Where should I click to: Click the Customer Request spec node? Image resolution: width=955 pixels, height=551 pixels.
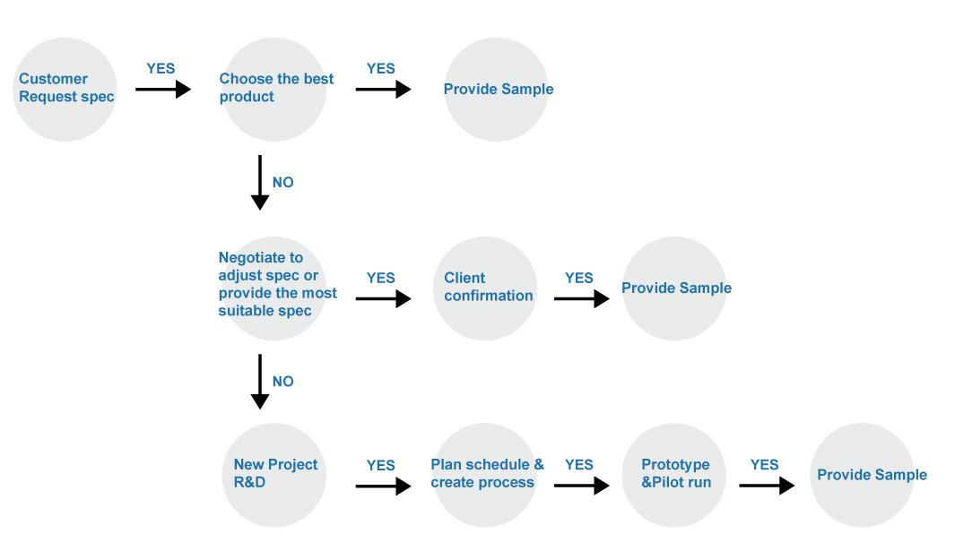pyautogui.click(x=65, y=90)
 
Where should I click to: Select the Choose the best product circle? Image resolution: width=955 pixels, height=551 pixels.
pyautogui.click(x=274, y=90)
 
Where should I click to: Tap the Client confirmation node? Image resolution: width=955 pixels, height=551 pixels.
pyautogui.click(x=485, y=288)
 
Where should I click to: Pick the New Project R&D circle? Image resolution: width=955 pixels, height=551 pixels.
pyautogui.click(x=274, y=475)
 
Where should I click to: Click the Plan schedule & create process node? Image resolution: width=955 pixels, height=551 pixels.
pyautogui.click(x=485, y=475)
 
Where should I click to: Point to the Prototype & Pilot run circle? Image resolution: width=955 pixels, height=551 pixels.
pyautogui.click(x=674, y=475)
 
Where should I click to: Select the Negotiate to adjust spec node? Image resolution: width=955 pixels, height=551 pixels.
pyautogui.click(x=274, y=288)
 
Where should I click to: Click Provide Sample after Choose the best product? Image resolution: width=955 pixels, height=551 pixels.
pyautogui.click(x=497, y=90)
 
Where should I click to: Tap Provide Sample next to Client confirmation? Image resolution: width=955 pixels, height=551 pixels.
pyautogui.click(x=674, y=288)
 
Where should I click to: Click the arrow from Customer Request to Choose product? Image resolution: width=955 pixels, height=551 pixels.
pyautogui.click(x=163, y=90)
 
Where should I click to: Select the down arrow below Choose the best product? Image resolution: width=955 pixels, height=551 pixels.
pyautogui.click(x=260, y=183)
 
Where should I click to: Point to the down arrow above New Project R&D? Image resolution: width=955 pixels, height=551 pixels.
pyautogui.click(x=260, y=382)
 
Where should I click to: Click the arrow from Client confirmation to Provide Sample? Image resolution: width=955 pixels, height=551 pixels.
pyautogui.click(x=582, y=299)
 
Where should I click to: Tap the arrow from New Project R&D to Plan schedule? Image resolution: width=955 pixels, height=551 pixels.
pyautogui.click(x=384, y=486)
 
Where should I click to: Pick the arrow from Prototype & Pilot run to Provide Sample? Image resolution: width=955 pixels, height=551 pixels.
pyautogui.click(x=767, y=486)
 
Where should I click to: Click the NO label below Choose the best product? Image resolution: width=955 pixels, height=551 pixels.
pyautogui.click(x=283, y=183)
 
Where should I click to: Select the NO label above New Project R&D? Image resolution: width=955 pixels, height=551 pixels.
pyautogui.click(x=283, y=382)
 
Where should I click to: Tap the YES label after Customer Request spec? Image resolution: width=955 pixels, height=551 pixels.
pyautogui.click(x=161, y=69)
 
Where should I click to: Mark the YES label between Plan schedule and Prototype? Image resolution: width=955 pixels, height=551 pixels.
pyautogui.click(x=578, y=465)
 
